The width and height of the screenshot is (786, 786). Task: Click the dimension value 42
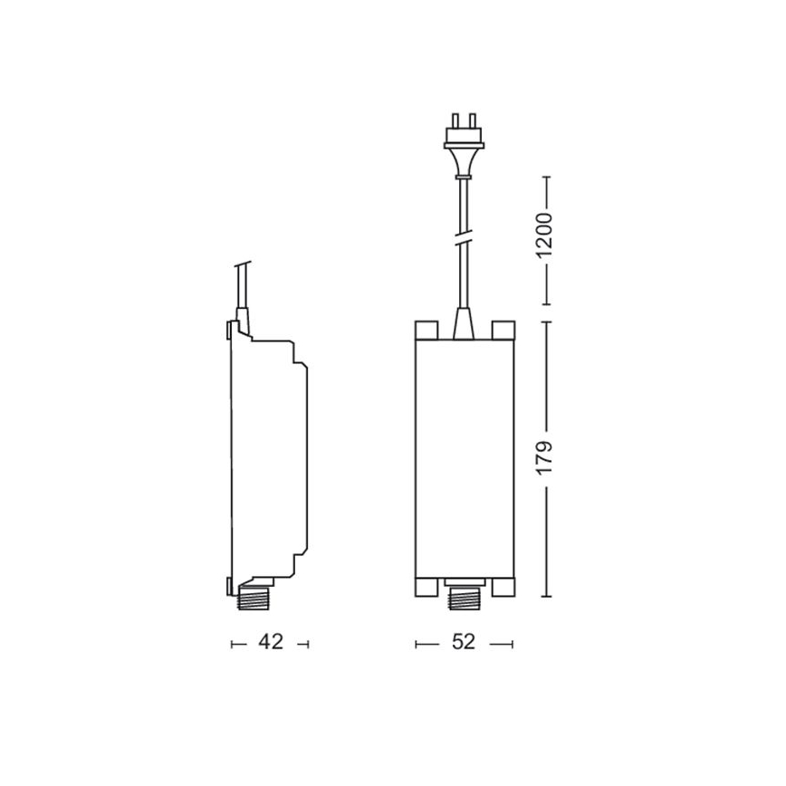coord(271,643)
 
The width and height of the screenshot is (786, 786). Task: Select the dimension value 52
coord(464,643)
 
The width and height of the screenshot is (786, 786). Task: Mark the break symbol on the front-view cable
coord(464,241)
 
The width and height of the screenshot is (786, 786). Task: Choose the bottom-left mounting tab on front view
coord(427,589)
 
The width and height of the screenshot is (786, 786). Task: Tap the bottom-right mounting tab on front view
coord(502,589)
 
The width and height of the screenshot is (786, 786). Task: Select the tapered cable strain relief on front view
coord(464,322)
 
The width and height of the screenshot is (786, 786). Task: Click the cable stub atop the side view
coord(242,290)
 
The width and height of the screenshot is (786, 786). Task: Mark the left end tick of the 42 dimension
coord(233,644)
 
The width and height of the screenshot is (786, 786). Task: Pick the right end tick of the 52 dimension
coord(513,644)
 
